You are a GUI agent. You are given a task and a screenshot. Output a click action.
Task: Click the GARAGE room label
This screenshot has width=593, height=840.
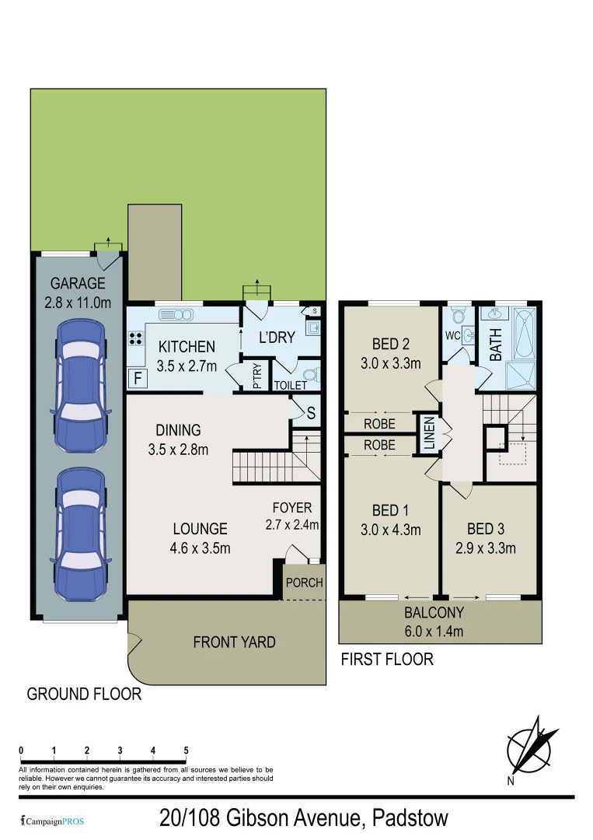coord(78,284)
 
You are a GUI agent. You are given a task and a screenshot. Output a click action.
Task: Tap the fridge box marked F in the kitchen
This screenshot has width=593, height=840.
coord(138,380)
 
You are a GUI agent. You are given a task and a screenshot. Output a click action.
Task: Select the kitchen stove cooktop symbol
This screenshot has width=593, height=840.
coord(134,338)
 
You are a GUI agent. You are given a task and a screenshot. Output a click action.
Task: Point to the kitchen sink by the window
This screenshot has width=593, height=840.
coord(176,315)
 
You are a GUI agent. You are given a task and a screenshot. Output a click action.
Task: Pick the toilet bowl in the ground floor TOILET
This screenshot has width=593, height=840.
coord(309,374)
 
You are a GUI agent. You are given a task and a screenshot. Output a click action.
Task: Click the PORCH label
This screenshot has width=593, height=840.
coord(304,582)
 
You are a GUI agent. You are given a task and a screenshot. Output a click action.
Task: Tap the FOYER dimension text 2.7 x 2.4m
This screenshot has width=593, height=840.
coord(291,525)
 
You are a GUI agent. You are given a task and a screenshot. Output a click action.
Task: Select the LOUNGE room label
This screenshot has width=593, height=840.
coord(200,529)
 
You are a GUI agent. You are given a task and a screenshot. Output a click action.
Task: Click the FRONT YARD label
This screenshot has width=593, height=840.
coord(234,642)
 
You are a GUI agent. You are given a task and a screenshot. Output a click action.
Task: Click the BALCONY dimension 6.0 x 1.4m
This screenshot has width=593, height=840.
coord(434,632)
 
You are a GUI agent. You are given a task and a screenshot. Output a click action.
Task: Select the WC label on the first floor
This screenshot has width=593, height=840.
coord(452,336)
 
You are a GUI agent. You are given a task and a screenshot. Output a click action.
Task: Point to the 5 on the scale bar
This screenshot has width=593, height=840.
coord(187,750)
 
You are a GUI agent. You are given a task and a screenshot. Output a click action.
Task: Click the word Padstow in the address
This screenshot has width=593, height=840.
coord(410,818)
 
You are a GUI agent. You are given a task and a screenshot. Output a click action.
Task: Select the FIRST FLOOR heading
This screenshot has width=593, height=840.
coord(386,660)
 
